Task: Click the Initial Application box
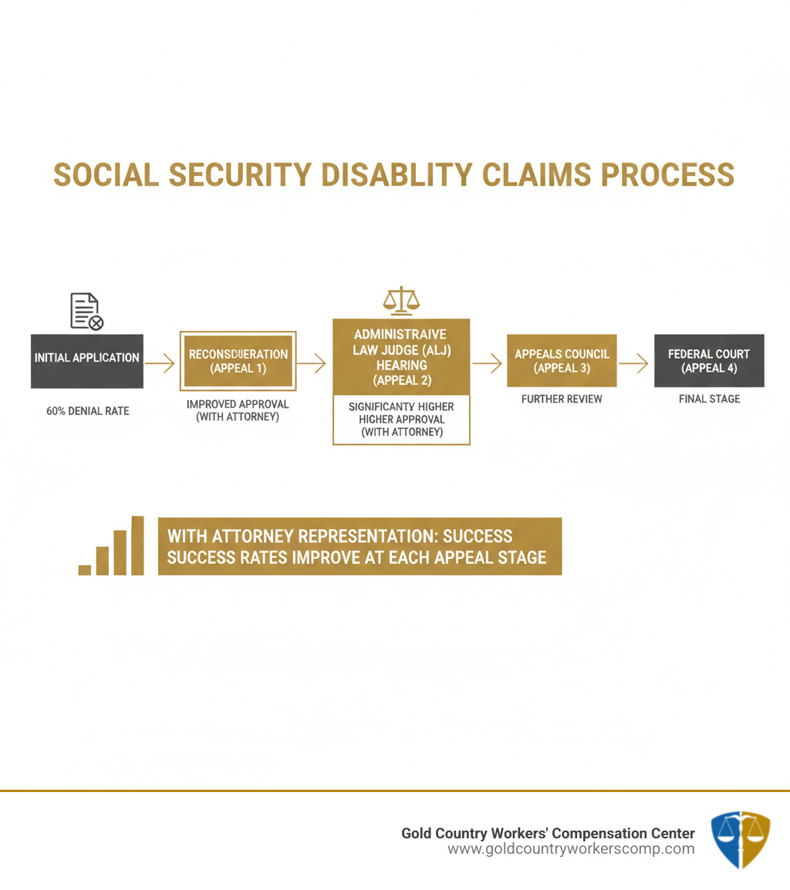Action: click(x=86, y=360)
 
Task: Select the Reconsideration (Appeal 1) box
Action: click(x=238, y=361)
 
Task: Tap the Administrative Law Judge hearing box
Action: click(x=400, y=357)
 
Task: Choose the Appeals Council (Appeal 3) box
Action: click(x=562, y=360)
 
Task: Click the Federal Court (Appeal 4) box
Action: click(x=708, y=360)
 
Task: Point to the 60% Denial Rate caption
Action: click(x=87, y=411)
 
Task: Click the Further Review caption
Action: click(x=562, y=399)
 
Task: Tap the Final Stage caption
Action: click(x=709, y=399)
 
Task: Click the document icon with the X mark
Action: click(x=86, y=312)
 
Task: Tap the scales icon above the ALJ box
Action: click(x=401, y=300)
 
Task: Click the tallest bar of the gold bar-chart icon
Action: click(x=137, y=545)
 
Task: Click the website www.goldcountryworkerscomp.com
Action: click(x=571, y=849)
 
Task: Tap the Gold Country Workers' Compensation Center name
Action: click(x=548, y=833)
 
